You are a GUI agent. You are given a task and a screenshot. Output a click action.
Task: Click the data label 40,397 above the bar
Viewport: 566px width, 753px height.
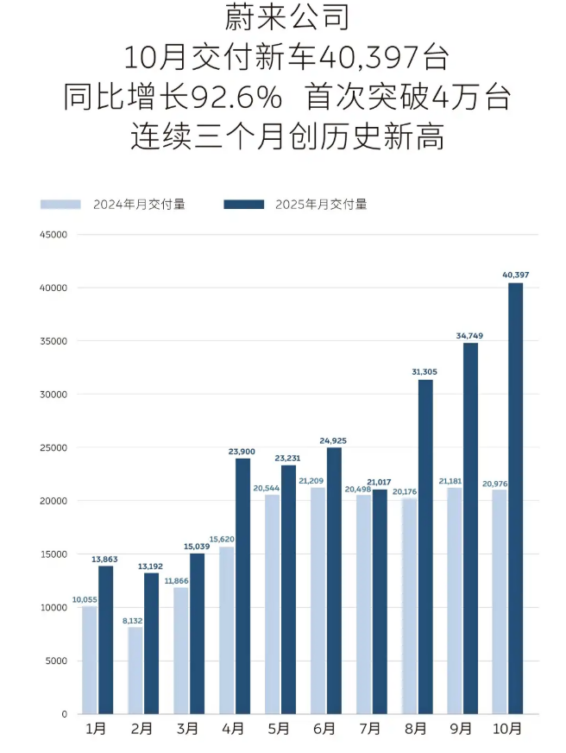[516, 275]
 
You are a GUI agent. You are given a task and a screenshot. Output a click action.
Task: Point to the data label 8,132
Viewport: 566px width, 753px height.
[134, 619]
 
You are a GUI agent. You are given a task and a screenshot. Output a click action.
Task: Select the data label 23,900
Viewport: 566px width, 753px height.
[242, 451]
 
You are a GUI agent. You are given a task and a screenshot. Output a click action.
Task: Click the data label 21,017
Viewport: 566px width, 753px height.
[380, 482]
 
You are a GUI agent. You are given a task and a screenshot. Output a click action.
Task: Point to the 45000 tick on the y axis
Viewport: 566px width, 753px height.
[53, 234]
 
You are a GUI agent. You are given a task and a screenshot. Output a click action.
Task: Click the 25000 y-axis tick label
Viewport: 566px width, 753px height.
[53, 447]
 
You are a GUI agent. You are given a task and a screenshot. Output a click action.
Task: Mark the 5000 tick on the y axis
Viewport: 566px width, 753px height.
[55, 661]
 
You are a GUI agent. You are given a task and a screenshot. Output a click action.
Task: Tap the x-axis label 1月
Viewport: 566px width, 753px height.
[96, 729]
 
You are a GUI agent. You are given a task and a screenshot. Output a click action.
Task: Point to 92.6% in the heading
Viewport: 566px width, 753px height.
[236, 98]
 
